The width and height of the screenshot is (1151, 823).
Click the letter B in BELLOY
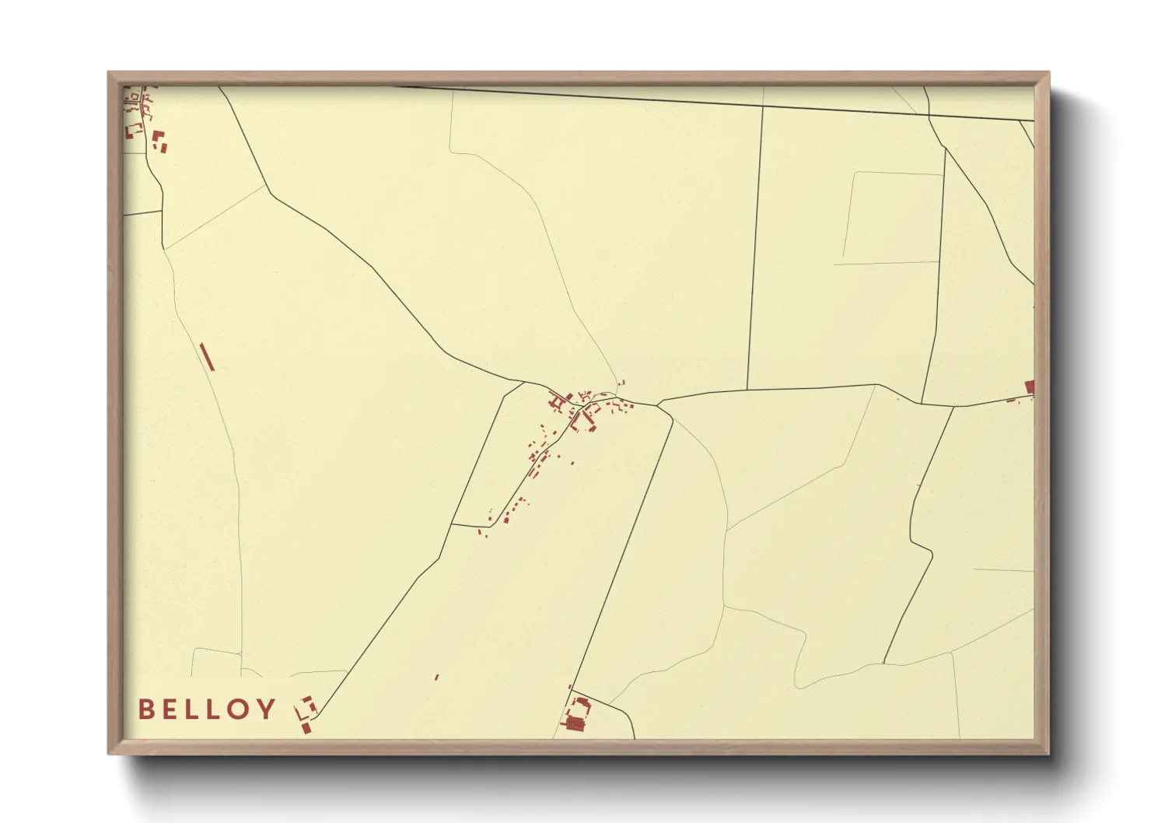coord(145,709)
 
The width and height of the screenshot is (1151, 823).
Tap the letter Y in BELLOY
coord(267,709)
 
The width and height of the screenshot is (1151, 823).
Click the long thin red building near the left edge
coord(206,356)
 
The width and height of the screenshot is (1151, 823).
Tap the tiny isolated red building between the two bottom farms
coord(436,678)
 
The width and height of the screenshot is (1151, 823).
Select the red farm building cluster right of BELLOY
coord(306,715)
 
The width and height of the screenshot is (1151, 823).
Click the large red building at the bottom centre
coord(575,724)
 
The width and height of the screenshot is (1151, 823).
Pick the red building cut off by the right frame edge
coord(1030,387)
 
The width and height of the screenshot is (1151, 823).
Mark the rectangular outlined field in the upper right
coord(891,218)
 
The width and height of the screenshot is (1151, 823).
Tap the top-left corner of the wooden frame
coord(110,74)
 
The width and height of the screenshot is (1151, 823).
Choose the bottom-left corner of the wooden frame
coord(110,752)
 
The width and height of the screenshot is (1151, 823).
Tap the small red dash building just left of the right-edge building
coord(1012,401)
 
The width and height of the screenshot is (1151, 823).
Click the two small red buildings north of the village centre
coord(621,383)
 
